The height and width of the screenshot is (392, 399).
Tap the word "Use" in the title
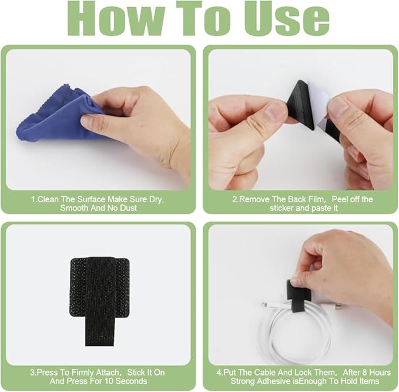[287, 19]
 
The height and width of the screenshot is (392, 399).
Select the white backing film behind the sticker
[321, 103]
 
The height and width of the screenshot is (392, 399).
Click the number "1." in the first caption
[33, 200]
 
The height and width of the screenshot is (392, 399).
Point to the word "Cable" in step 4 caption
[263, 372]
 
